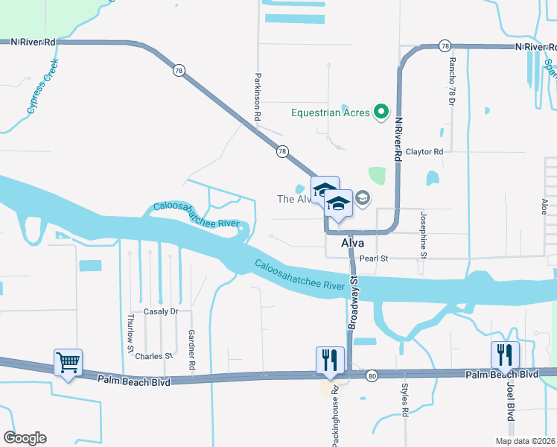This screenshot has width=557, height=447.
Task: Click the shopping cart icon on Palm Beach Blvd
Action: pos(69,363)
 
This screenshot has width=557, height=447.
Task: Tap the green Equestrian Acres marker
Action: pos(381,113)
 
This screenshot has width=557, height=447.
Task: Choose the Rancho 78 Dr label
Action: pos(451,80)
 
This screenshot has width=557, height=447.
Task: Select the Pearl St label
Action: pos(375,259)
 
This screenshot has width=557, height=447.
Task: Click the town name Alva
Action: pos(352,243)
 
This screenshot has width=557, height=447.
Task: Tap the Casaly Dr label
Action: pos(162,311)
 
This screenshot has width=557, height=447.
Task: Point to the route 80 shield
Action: pos(372,377)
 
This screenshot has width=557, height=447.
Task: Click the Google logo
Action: pos(25,438)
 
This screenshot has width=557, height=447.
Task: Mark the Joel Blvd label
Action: pos(511,402)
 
